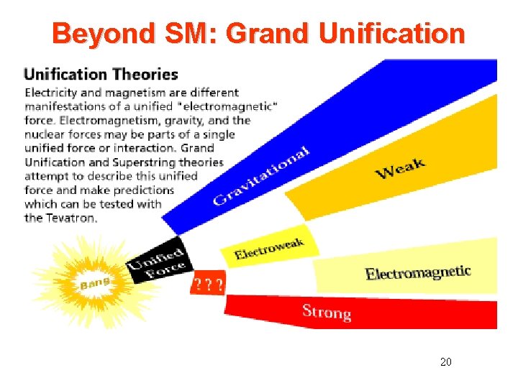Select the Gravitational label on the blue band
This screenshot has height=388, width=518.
click(x=261, y=175)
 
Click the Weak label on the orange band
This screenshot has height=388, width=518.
click(x=400, y=170)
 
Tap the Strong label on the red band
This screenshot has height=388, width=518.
click(x=327, y=312)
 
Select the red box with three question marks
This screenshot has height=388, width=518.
click(x=207, y=285)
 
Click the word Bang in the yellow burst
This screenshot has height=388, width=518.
click(x=95, y=285)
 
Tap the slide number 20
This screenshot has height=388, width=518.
click(x=445, y=362)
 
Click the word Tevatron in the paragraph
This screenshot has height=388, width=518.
click(x=70, y=218)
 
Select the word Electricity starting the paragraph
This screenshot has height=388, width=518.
click(x=53, y=93)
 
